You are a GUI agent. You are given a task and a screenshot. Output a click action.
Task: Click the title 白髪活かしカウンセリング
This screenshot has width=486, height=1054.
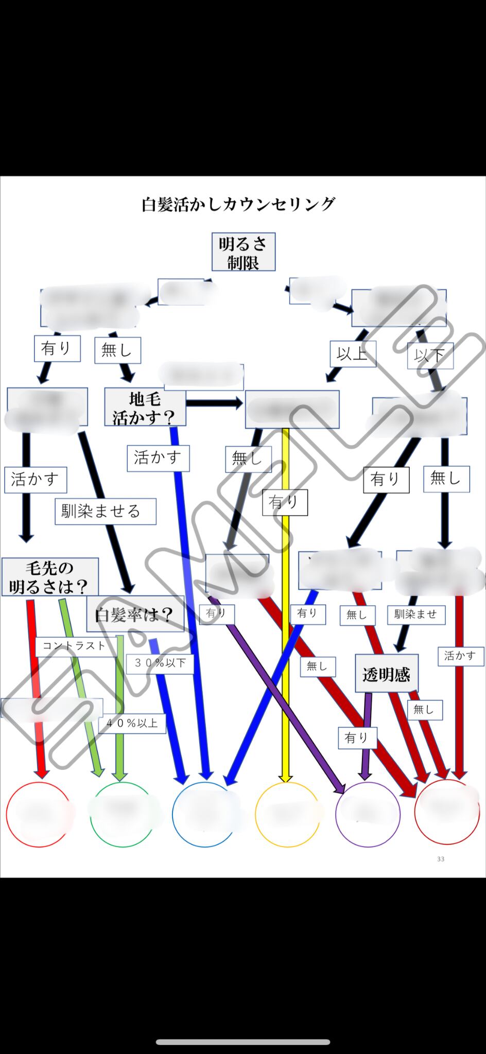[238, 204]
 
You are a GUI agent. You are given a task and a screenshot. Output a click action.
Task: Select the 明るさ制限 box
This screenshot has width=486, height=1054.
[243, 252]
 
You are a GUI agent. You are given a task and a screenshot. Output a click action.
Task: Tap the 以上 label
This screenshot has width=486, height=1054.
[352, 354]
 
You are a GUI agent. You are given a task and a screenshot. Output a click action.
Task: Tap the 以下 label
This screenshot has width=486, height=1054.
[430, 355]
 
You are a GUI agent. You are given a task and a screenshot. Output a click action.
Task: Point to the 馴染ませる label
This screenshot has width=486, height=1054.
[105, 511]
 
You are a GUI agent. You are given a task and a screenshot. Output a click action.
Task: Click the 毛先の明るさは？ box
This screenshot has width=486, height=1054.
[49, 577]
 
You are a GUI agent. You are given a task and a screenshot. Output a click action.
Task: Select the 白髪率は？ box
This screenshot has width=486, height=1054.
[135, 614]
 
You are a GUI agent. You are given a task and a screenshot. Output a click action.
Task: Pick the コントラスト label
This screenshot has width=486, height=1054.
[75, 646]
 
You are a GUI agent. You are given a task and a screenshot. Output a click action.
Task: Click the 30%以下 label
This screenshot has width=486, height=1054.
[160, 663]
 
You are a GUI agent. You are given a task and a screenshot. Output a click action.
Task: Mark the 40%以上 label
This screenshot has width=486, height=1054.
[132, 723]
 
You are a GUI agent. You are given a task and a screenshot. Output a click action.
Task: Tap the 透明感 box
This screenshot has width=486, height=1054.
[386, 673]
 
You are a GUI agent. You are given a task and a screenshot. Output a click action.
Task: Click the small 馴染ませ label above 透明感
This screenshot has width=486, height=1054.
[415, 614]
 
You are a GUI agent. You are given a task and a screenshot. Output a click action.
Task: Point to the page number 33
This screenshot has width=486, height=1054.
[440, 859]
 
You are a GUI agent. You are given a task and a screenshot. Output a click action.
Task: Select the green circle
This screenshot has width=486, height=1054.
[123, 814]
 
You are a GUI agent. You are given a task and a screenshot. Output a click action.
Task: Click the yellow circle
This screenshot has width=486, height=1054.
[287, 814]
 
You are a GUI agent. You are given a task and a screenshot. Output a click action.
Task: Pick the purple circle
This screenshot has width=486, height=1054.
[367, 814]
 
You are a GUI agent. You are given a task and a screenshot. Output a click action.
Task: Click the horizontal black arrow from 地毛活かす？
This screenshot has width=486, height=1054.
[214, 403]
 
